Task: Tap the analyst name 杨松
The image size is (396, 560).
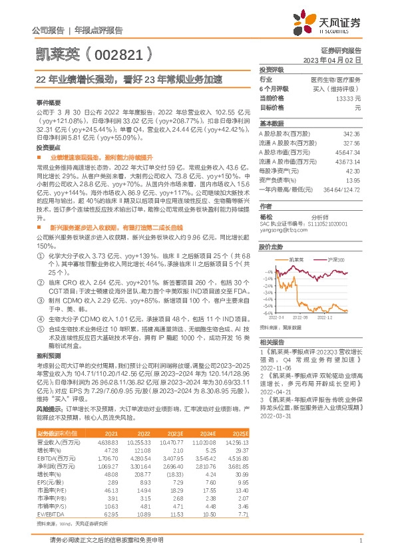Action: pyautogui.click(x=266, y=217)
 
